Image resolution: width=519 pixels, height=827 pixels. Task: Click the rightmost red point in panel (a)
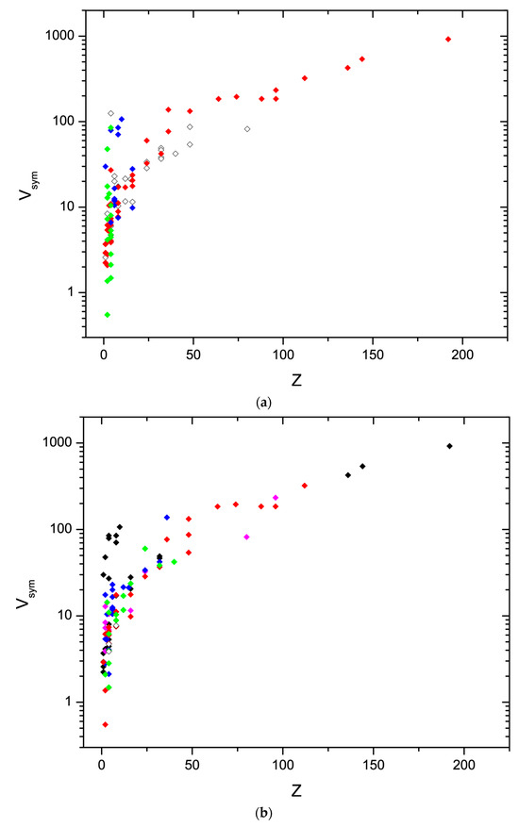coord(448,39)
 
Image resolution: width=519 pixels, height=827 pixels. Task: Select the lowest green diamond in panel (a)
coord(108,314)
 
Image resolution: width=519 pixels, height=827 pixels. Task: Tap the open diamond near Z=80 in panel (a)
coord(247,129)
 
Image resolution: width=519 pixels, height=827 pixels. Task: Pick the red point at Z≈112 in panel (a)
coord(305,78)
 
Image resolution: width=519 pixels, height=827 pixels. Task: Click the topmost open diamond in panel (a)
coord(111,113)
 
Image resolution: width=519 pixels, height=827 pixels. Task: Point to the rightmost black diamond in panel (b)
coord(449,446)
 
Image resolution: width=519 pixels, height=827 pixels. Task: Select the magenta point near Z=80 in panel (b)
coord(246,537)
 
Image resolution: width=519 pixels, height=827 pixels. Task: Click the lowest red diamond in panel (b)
coord(106,724)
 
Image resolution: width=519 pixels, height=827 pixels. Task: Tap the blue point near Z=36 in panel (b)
coord(167,517)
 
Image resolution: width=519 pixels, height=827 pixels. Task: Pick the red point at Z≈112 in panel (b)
coord(305,486)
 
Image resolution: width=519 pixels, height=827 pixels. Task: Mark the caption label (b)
coord(263,810)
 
